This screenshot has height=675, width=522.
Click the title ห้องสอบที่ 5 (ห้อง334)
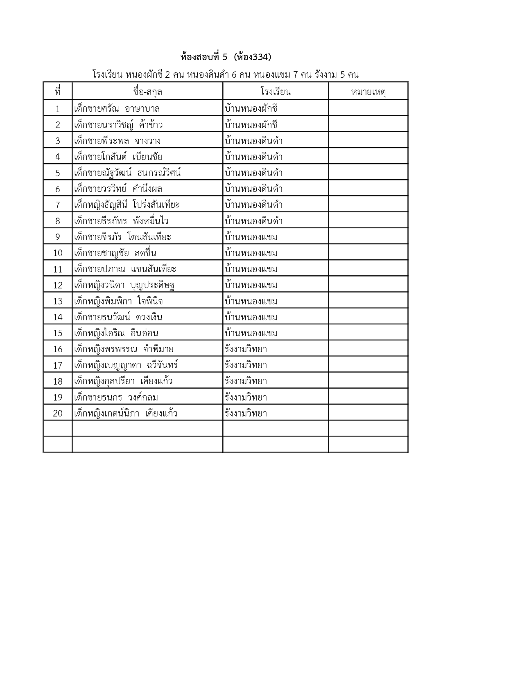coord(226,57)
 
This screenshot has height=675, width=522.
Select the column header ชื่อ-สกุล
coord(147,92)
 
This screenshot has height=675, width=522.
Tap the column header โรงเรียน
coord(275,92)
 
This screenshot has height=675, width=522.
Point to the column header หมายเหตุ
coord(368,92)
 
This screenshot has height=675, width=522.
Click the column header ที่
coord(57,92)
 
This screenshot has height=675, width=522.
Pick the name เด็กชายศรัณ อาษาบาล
coord(117,109)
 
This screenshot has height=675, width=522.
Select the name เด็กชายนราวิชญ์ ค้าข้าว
coord(119,125)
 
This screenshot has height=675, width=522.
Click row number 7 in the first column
coord(57,205)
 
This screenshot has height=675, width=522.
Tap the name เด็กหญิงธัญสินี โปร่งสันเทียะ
coord(127,205)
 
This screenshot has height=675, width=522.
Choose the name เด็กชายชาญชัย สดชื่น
coord(115,253)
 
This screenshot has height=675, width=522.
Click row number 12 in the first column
coord(57,285)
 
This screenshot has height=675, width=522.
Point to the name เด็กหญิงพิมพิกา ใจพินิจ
coord(119,301)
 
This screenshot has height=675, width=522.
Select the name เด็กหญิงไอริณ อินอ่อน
coord(116,333)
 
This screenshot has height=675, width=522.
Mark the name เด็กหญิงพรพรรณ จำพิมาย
coord(124,349)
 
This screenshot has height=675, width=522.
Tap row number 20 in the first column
coord(57,414)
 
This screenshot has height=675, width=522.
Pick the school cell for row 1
coord(251,109)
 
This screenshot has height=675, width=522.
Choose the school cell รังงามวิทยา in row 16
coord(246,349)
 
